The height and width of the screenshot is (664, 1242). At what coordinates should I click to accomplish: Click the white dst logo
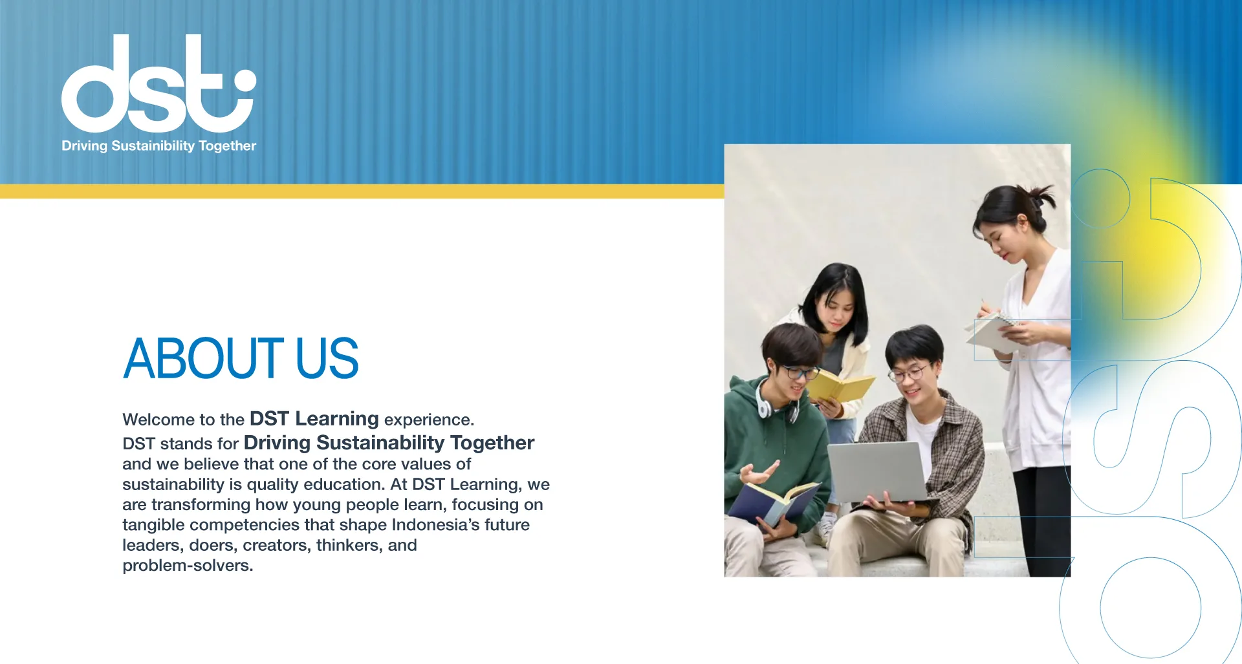158,83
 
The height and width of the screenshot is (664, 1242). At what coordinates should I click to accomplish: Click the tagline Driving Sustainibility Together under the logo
158,146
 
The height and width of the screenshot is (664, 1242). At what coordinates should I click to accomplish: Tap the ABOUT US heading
241,358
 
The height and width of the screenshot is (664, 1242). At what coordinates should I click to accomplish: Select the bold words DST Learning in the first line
314,419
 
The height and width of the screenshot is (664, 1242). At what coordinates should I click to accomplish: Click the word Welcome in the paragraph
152,420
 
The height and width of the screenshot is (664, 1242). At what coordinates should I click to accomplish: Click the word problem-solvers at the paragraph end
188,566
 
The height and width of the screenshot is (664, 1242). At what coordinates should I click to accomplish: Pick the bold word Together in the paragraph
492,443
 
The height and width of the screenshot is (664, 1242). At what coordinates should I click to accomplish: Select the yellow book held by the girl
840,387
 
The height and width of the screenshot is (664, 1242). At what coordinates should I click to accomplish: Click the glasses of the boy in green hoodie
800,372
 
